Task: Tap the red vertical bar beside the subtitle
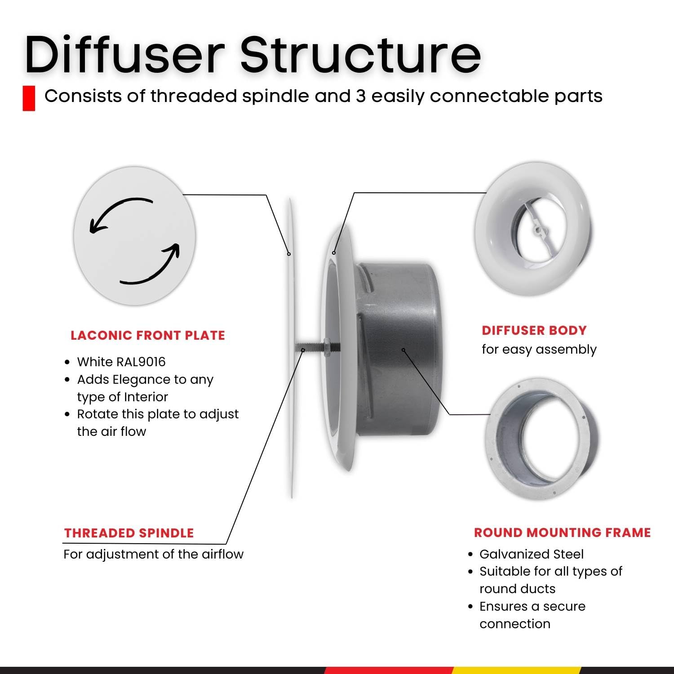coord(29,98)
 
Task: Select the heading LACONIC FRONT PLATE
coord(148,335)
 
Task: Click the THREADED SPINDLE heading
coord(129,533)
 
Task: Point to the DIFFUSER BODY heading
coord(534,330)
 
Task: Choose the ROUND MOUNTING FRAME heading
coord(563,532)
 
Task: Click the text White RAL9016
coord(121,362)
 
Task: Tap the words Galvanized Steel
coord(532,554)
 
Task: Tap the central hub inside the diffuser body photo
coord(536,230)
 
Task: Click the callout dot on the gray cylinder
coord(404,350)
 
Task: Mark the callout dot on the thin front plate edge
coord(289,254)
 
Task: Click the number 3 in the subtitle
coord(361,96)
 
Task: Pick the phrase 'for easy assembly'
coord(539,350)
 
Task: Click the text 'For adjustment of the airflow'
coord(153,554)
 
